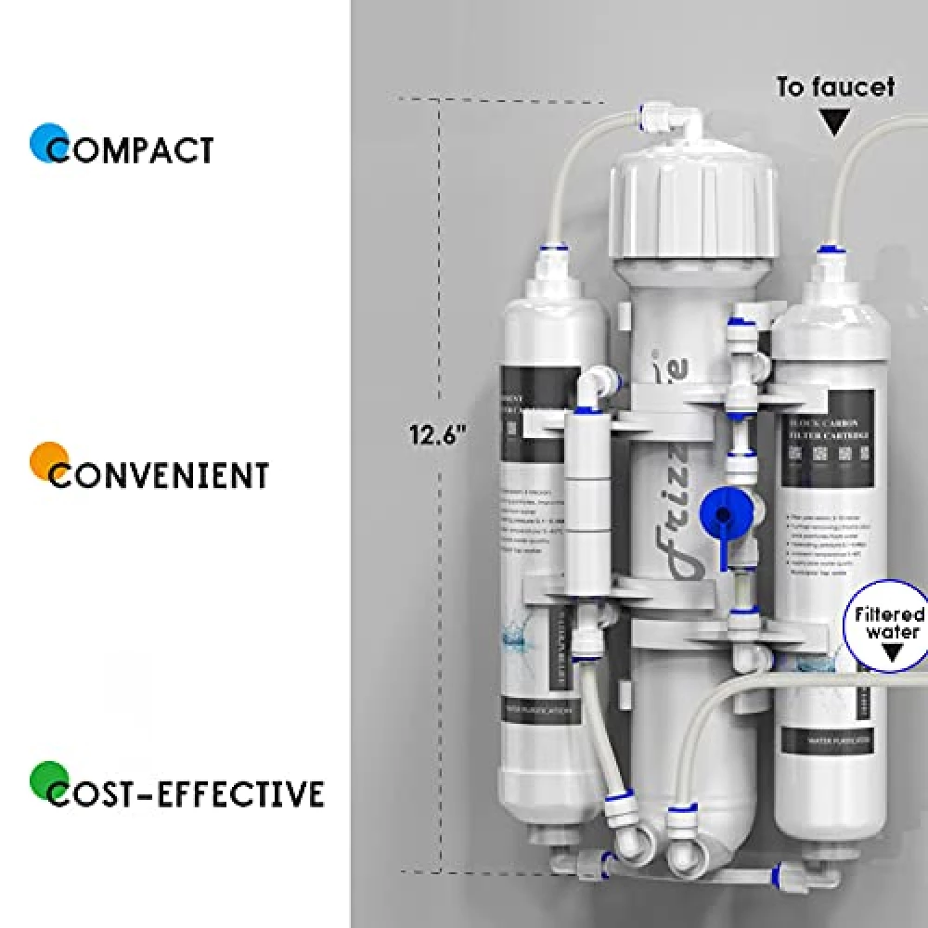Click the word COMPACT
point(131,150)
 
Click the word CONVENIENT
point(159,476)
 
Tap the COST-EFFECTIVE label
point(186,794)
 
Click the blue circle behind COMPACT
point(47,143)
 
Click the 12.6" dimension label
point(436,434)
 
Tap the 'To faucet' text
point(835,87)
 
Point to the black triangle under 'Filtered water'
point(893,652)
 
